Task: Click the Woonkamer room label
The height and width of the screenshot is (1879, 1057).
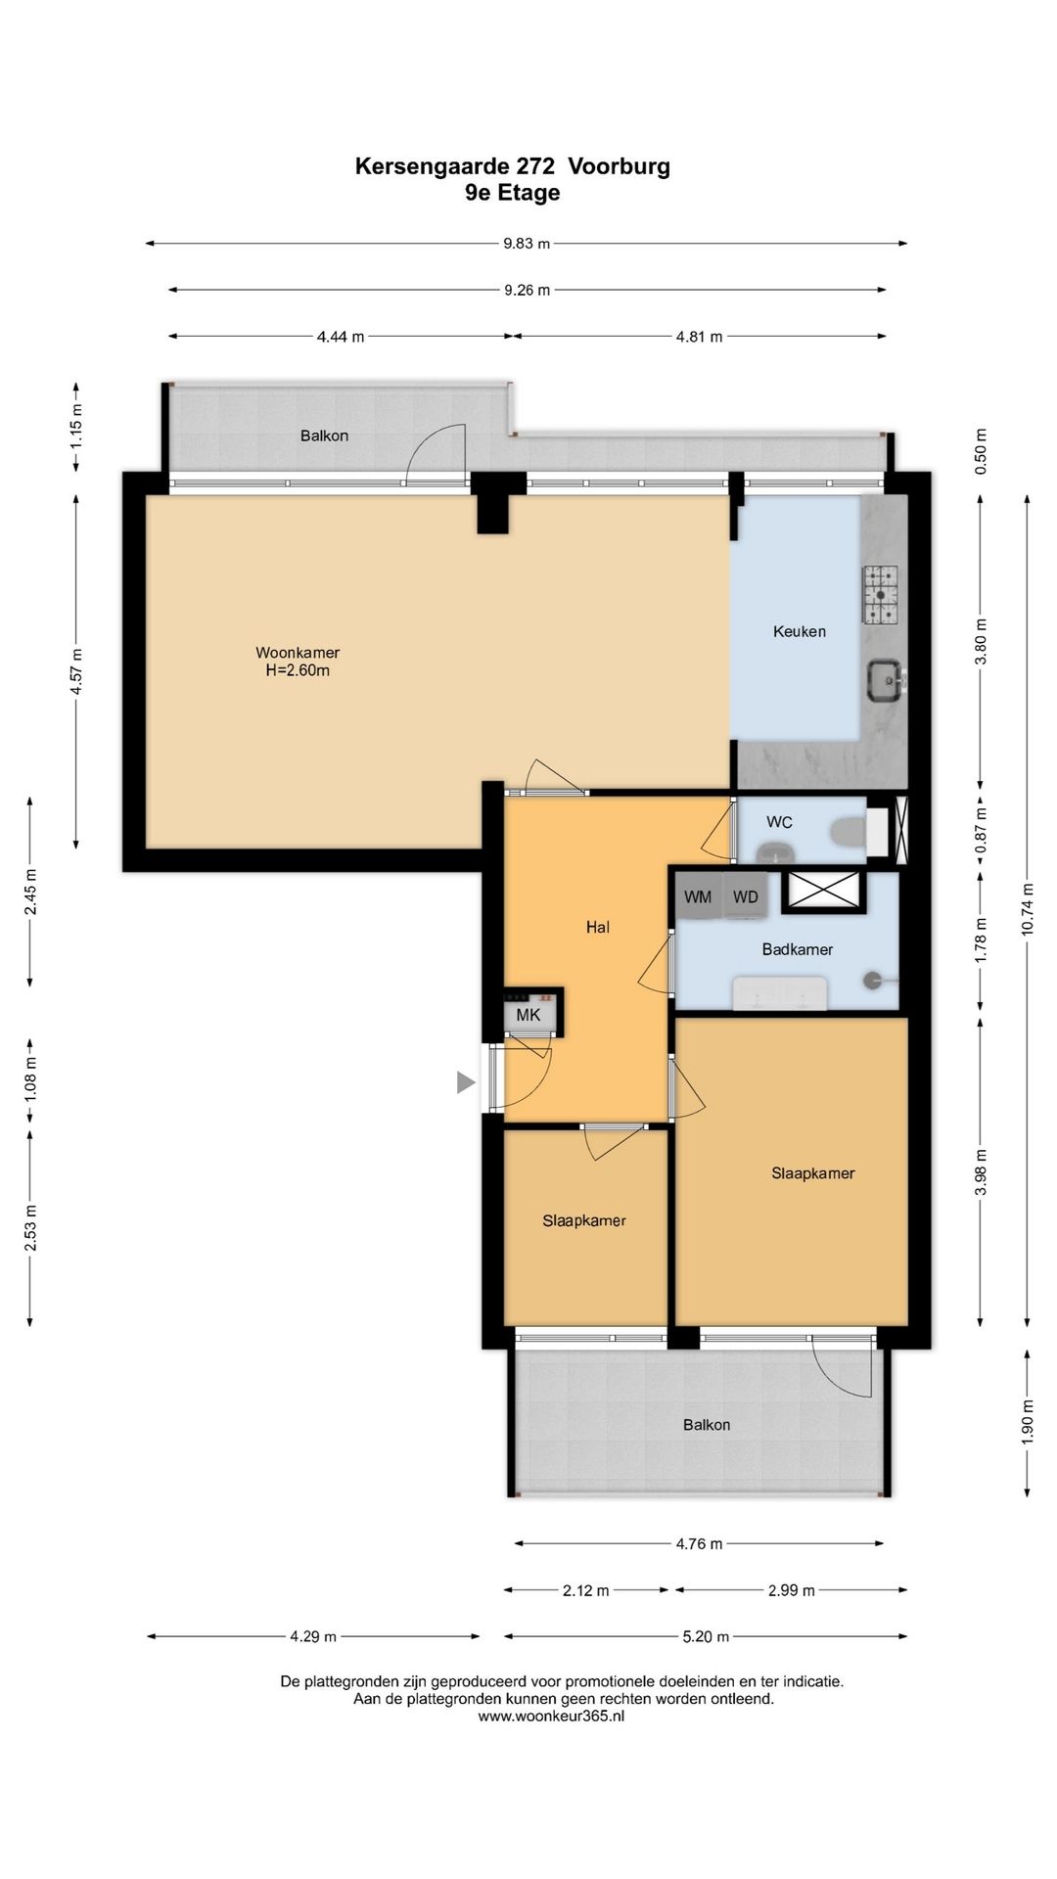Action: tap(298, 653)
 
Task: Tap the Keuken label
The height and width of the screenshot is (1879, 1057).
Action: tap(800, 632)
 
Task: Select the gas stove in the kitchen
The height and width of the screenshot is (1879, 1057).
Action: tap(885, 594)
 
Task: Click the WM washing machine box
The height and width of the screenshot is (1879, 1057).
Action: tap(698, 896)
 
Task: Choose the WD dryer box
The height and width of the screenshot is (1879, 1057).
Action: tap(745, 896)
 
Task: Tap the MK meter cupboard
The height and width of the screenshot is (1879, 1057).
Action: tap(528, 1014)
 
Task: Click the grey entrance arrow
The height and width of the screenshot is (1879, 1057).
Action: tap(466, 1082)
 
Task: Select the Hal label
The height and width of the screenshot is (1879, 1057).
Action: tap(598, 927)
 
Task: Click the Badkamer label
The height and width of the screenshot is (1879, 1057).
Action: tap(798, 949)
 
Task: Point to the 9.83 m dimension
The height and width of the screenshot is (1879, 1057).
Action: tap(527, 244)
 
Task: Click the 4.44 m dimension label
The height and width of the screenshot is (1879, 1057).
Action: tap(340, 337)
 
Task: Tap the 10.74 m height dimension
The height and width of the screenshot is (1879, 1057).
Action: tap(1027, 910)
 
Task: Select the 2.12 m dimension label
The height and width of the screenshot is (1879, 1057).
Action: tap(585, 1591)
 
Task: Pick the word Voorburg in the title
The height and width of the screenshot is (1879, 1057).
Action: tap(620, 166)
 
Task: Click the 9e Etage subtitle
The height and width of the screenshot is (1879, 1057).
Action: tap(513, 193)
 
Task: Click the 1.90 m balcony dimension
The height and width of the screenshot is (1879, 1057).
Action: tap(1027, 1424)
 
